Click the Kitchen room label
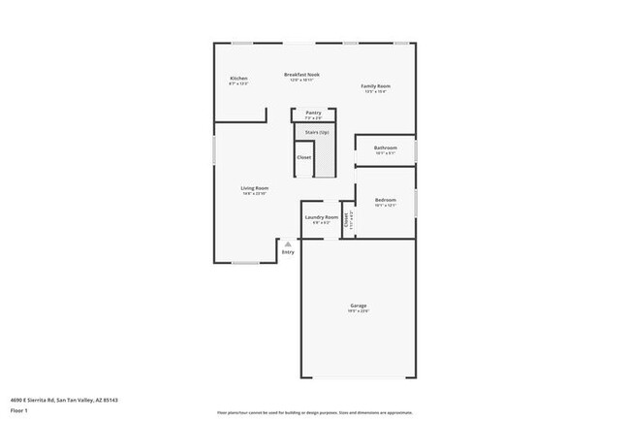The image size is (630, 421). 238,78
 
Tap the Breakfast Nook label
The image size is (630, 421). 301,75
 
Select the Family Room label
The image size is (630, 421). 375,86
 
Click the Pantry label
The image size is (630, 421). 313,113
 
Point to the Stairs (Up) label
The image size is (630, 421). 317,132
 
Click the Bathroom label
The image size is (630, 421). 385,147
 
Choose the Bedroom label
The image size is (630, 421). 385,200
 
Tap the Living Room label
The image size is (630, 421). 255,188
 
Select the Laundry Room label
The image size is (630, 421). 321,217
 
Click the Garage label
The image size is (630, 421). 359,306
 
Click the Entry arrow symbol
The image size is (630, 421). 287,244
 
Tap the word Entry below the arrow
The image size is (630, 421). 288,253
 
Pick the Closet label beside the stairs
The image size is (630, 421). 303,156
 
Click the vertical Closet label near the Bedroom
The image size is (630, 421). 346,220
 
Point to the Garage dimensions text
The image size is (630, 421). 359,311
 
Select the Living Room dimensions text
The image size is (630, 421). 255,194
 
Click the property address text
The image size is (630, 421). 64,399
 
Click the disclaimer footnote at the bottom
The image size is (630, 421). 315,411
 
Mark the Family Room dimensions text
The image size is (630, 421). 375,92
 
